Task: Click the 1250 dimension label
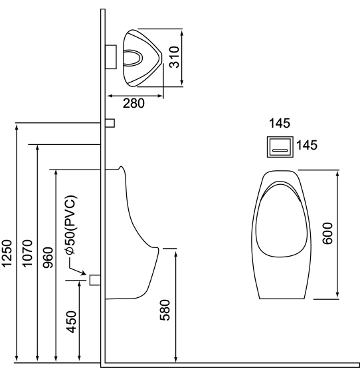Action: (x=7, y=253)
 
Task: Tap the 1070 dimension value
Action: (x=27, y=253)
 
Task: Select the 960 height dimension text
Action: (x=48, y=258)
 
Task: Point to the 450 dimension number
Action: (x=72, y=322)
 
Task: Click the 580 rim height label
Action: (x=165, y=310)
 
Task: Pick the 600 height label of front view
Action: (x=327, y=233)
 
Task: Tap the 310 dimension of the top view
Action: (x=175, y=57)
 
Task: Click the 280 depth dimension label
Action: (x=134, y=103)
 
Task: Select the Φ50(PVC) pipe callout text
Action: (x=71, y=225)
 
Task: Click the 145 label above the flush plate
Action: (x=280, y=123)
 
